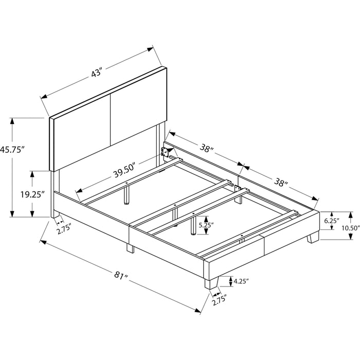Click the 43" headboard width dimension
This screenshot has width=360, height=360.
click(96, 73)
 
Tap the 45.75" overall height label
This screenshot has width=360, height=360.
click(12, 150)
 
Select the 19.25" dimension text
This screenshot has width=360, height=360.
click(32, 194)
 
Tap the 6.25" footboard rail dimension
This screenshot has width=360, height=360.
click(332, 221)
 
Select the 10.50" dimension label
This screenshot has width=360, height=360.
click(350, 228)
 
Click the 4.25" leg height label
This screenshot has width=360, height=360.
click(241, 281)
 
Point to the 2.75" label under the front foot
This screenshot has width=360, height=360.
click(219, 300)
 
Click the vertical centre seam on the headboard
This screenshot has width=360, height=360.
click(111, 120)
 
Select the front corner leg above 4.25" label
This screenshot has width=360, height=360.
click(211, 282)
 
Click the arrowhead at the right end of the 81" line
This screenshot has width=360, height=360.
click(197, 311)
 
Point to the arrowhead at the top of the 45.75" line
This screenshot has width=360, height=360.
click(11, 121)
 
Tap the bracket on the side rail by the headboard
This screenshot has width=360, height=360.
click(165, 152)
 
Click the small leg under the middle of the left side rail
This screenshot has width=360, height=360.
click(130, 248)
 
